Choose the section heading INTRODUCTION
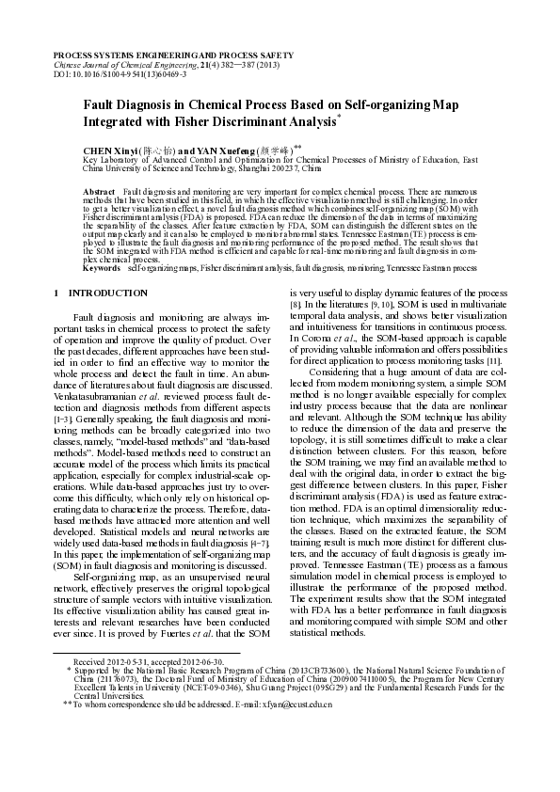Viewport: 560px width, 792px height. (107, 293)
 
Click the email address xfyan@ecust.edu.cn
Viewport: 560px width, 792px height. (296, 730)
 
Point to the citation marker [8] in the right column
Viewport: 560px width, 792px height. (295, 305)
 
